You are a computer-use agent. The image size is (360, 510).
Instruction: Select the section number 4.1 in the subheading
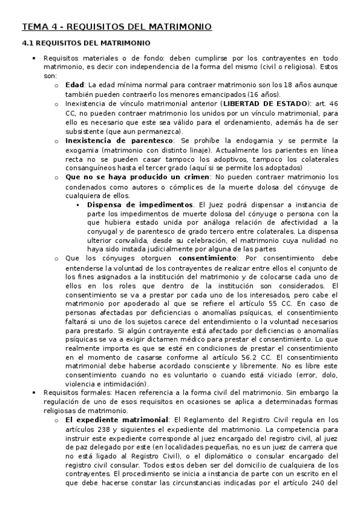[x=27, y=43]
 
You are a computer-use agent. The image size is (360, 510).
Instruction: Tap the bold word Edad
[x=75, y=85]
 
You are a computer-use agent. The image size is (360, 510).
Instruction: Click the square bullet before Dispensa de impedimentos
[x=78, y=205]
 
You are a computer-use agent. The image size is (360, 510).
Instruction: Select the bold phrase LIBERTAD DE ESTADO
[x=274, y=103]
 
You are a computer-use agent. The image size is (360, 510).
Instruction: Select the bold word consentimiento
[x=207, y=259]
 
